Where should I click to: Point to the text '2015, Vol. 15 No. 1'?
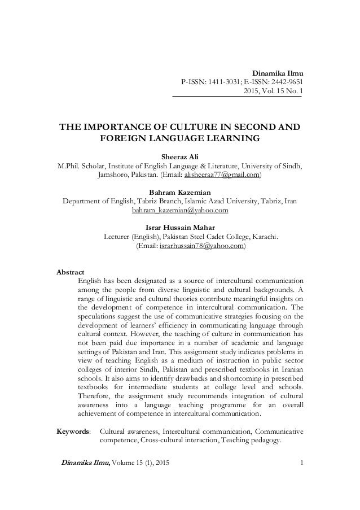pyautogui.click(x=271, y=93)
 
